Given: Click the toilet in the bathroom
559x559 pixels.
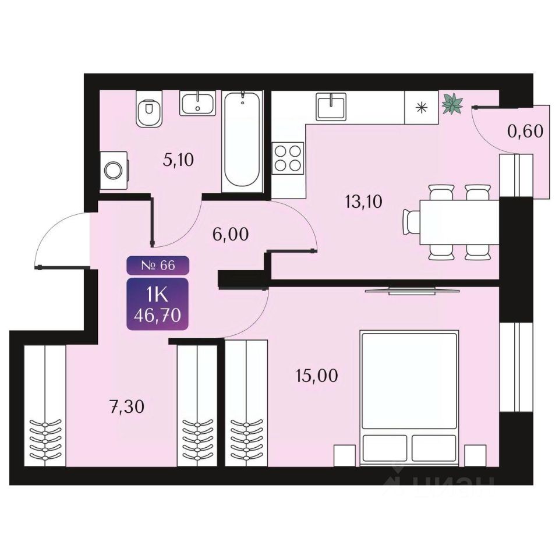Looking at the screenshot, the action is click(x=150, y=108).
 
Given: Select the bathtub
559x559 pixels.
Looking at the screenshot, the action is click(x=242, y=141).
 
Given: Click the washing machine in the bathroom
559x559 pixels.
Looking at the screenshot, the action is click(x=114, y=171).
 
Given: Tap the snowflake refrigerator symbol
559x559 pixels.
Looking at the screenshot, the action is click(x=422, y=107).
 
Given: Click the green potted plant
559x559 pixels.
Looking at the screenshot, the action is click(x=452, y=104).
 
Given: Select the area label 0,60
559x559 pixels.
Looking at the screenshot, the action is click(x=525, y=131).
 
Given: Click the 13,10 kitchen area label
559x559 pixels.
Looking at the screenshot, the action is click(x=363, y=202).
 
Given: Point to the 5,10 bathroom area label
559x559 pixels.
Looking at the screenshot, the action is click(x=178, y=160).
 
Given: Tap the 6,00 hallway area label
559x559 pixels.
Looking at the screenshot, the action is click(x=231, y=235).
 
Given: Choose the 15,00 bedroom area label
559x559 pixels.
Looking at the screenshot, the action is click(x=317, y=376).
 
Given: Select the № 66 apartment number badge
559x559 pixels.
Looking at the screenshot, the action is click(x=158, y=266).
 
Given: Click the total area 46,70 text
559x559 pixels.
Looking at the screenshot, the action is click(x=158, y=316).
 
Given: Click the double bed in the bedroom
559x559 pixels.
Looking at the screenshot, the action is click(x=409, y=398).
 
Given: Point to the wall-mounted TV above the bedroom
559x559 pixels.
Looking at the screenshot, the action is click(x=412, y=291).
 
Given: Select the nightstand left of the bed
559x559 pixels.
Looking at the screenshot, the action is click(x=344, y=455).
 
